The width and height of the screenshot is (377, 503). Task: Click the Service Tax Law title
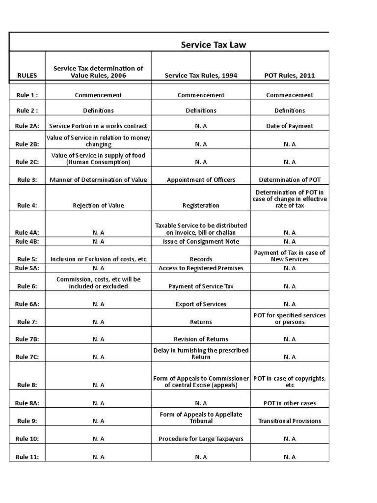[214, 45]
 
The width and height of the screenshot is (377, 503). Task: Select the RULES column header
[27, 76]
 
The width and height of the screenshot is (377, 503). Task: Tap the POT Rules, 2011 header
[290, 76]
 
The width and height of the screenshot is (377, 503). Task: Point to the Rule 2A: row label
[27, 126]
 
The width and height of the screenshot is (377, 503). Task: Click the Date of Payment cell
[290, 126]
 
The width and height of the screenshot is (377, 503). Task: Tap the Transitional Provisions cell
[290, 421]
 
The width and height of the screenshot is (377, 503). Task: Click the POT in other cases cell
[290, 403]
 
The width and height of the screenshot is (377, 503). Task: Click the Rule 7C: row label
[27, 357]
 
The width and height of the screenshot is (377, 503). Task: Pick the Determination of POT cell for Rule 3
[290, 180]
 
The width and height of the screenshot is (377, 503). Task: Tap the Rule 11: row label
[27, 457]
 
